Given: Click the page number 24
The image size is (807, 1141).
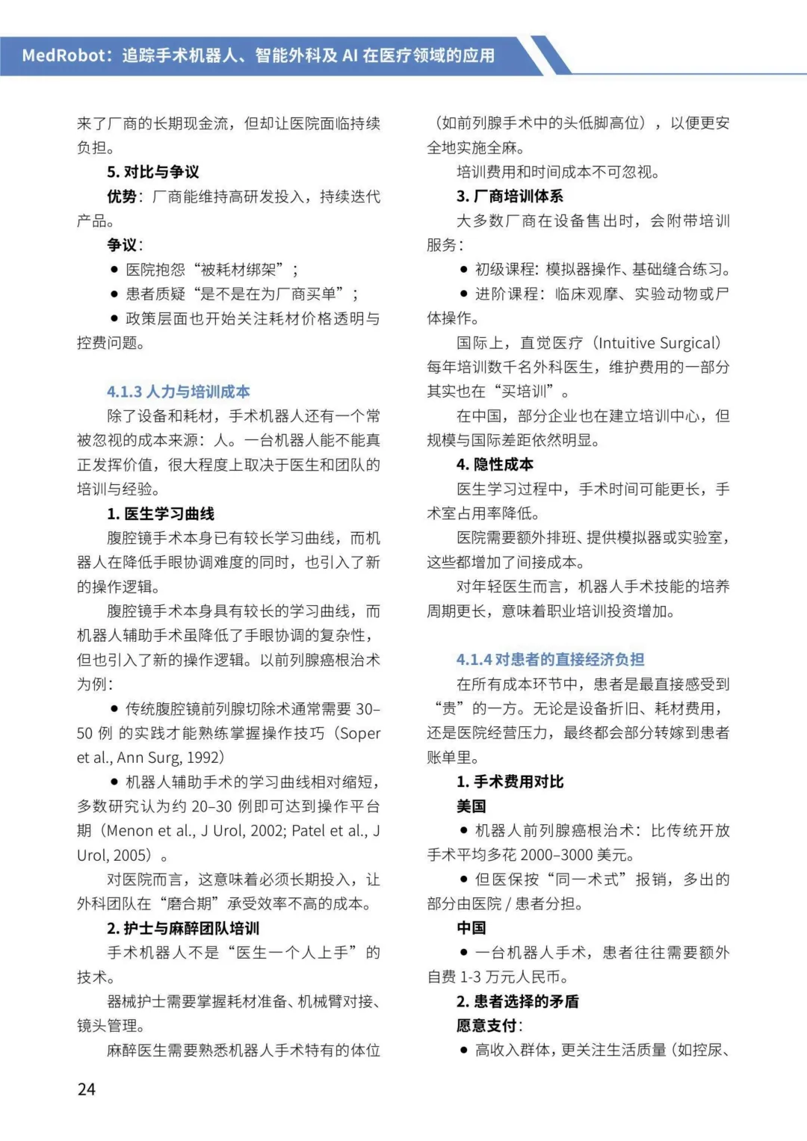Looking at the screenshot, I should (x=87, y=1089).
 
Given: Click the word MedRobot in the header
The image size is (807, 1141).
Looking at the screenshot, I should (x=66, y=55).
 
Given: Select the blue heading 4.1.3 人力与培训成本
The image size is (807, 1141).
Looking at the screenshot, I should (x=178, y=392).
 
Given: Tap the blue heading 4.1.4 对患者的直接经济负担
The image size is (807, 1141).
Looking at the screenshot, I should (x=550, y=659).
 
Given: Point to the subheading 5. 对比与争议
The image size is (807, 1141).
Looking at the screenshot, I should (x=153, y=172).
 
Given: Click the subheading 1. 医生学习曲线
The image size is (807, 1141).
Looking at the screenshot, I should (x=160, y=513).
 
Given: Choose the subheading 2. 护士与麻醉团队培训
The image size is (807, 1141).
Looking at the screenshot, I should (x=182, y=928).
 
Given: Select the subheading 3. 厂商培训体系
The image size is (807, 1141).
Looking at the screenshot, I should (x=510, y=196).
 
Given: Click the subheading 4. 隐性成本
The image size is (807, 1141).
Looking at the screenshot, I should (x=495, y=464).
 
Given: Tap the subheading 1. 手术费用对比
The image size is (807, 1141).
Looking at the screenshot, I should (x=510, y=782).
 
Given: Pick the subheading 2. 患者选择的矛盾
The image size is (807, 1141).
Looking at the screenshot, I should (x=517, y=1001).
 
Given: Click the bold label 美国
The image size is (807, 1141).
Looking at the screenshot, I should (x=471, y=806).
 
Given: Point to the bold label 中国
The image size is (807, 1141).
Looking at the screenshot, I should (x=471, y=928).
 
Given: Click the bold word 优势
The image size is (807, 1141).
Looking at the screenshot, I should (x=122, y=197).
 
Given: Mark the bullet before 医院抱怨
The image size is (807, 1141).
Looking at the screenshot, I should (x=114, y=270).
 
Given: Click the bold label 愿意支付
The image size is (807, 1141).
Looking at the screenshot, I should (x=486, y=1025).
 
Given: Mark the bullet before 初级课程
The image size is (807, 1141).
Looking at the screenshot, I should (x=464, y=270).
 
